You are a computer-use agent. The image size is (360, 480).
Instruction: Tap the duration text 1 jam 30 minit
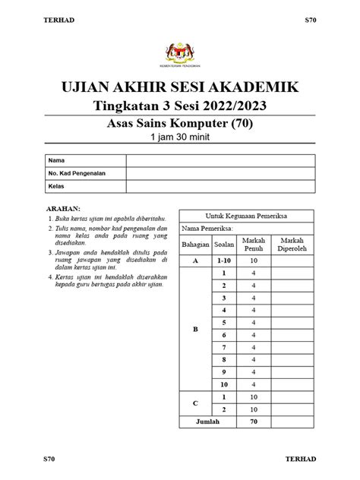coord(180,137)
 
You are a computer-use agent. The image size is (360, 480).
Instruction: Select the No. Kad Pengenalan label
coord(77,173)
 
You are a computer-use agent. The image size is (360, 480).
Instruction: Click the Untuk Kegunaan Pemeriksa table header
coord(248,215)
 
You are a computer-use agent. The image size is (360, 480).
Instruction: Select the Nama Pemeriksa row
coord(248,228)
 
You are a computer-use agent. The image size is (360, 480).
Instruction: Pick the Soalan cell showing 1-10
coord(223,261)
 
